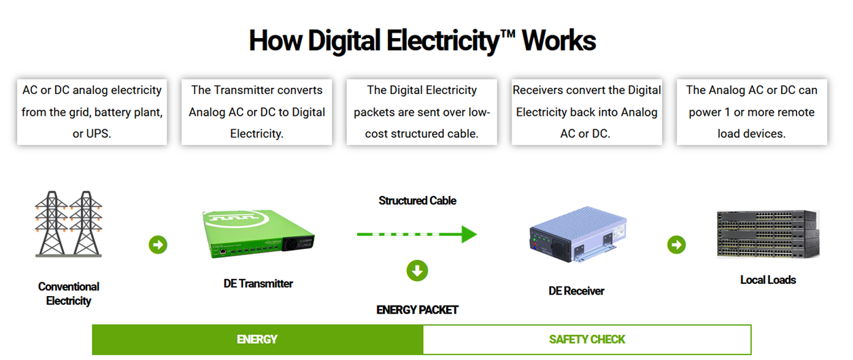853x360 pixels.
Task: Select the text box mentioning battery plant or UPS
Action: [x=92, y=112]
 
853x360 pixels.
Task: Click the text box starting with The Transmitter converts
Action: [x=256, y=112]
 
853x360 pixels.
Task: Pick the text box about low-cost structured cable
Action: [x=422, y=112]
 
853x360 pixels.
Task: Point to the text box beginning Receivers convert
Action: [x=586, y=112]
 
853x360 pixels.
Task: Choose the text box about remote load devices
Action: [x=752, y=112]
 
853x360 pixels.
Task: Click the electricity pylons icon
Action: [x=68, y=224]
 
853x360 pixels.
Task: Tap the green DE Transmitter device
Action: [x=258, y=235]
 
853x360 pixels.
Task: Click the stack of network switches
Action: [x=767, y=235]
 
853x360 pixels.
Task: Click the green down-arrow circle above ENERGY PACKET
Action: [x=417, y=271]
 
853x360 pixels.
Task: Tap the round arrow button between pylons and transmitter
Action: [x=158, y=244]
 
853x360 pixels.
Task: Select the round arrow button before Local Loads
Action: [x=676, y=244]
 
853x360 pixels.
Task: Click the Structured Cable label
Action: [x=417, y=201]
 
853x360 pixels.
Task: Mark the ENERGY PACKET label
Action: [x=417, y=310]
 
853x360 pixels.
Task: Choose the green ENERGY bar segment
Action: [x=257, y=340]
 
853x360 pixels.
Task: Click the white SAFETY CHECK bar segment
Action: [x=587, y=340]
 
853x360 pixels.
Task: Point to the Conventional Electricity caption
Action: [x=68, y=294]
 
